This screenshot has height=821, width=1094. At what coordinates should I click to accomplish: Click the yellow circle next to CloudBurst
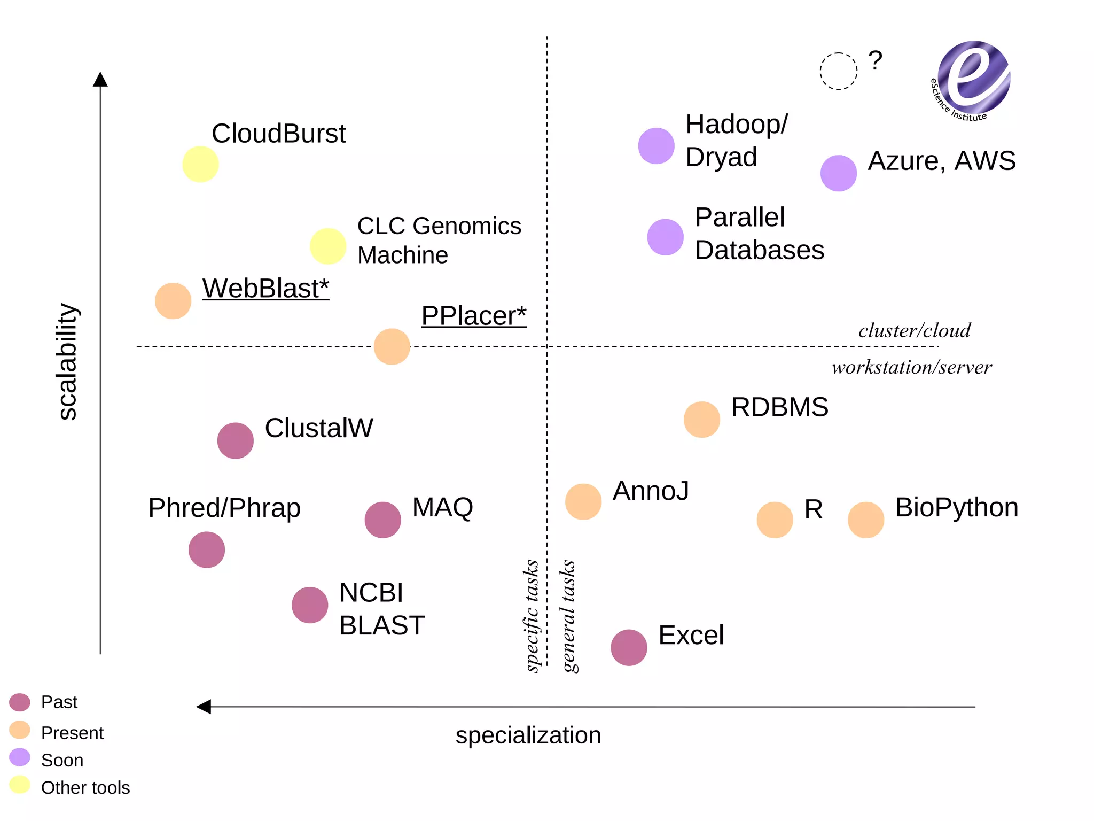pos(200,164)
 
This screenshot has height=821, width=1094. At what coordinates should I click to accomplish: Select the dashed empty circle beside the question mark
pos(838,71)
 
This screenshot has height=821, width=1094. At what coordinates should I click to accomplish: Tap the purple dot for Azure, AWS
pos(838,173)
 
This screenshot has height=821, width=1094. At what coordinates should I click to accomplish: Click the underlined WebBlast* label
pos(265,289)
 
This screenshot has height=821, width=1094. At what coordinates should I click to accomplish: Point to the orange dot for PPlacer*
pos(392,346)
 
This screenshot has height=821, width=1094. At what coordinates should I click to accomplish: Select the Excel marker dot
pos(629,647)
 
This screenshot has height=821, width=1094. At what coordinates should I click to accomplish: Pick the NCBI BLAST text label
pos(381,609)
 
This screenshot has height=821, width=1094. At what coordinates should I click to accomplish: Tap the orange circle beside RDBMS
pos(701,420)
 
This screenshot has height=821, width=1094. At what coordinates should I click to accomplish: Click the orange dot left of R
pos(775,520)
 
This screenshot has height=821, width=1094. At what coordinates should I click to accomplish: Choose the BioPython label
pos(956,507)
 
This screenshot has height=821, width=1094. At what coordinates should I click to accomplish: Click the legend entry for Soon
pos(62,760)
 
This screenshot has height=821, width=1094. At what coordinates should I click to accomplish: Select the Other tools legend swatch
pos(20,785)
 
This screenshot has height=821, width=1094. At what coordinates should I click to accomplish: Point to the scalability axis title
pos(67,362)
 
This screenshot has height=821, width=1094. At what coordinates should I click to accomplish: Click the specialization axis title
pos(528,735)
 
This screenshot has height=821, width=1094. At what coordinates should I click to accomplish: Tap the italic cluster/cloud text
pos(915,331)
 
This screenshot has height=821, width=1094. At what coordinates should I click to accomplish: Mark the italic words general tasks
pos(569,616)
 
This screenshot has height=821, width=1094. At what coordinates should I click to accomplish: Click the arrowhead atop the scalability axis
pos(100,79)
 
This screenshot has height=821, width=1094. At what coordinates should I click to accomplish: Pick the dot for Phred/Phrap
pos(207,549)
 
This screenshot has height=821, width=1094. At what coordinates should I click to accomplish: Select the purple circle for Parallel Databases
pos(665,237)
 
